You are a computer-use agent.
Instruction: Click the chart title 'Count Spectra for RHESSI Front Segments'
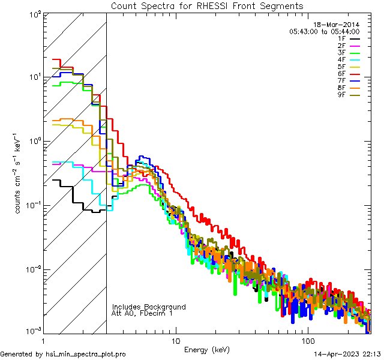[x=207, y=6]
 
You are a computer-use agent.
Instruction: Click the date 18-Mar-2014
[x=336, y=25]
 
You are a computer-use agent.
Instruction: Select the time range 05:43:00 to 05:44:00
[x=324, y=31]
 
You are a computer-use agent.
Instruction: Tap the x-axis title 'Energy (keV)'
[x=206, y=350]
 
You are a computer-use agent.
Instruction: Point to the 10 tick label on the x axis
[x=175, y=340]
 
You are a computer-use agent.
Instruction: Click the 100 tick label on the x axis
[x=307, y=340]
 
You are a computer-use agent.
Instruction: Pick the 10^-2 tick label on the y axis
[x=32, y=269]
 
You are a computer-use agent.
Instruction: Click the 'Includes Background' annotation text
[x=149, y=307]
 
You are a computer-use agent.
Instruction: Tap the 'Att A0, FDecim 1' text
[x=142, y=314]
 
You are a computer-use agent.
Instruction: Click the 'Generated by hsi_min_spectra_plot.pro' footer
[x=64, y=354]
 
